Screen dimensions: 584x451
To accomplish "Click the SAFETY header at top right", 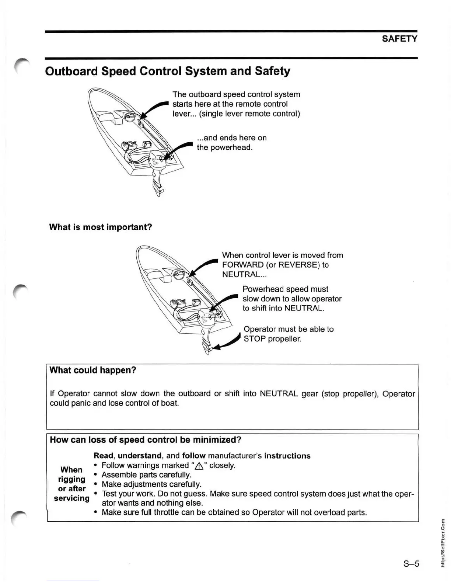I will coord(399,39).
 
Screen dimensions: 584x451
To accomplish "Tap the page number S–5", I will coord(411,564).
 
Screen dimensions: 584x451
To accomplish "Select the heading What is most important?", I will coord(101,227).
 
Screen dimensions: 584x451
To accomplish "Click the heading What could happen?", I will coord(93,370).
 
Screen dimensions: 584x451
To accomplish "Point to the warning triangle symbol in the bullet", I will coord(199,466).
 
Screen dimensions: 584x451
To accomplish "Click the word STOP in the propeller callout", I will coord(255,339).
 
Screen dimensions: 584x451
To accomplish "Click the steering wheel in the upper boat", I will coord(129,117).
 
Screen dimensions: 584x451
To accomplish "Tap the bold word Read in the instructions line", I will coord(103,456).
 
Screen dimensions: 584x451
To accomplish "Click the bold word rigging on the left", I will coord(71,479).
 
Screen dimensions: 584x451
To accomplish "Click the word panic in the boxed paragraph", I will coord(81,403).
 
